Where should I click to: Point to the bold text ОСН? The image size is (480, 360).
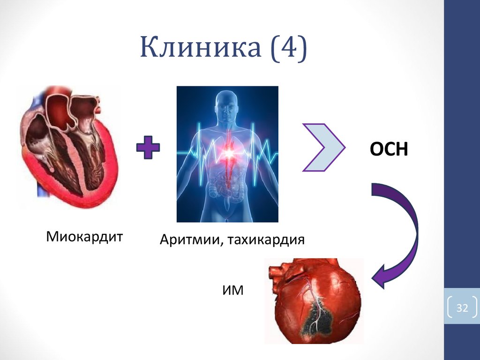point(390,150)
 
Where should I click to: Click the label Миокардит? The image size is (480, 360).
point(84,236)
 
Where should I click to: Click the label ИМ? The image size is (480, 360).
point(233,290)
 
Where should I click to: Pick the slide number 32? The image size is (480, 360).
point(462,308)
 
